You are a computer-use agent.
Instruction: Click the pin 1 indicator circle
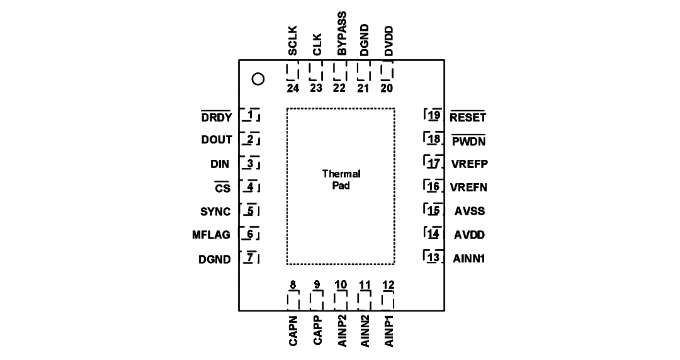(258, 79)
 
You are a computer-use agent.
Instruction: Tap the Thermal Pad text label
(341, 179)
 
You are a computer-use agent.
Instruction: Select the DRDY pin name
(217, 117)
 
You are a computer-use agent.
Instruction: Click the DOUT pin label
(217, 140)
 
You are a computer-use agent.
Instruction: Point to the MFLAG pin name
(211, 235)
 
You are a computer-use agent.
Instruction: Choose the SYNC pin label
(215, 211)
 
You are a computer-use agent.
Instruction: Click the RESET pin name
(468, 117)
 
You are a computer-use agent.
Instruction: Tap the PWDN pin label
(469, 142)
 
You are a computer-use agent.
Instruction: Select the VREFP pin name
(470, 164)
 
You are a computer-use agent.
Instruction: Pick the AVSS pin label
(470, 211)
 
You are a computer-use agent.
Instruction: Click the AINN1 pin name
(469, 259)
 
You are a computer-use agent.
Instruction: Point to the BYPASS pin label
(342, 34)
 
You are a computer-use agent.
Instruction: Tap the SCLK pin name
(293, 41)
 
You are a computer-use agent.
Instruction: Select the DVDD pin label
(388, 41)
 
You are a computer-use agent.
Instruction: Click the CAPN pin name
(293, 331)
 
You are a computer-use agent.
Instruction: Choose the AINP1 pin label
(389, 331)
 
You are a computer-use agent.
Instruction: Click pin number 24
(293, 88)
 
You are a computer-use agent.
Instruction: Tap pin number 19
(434, 115)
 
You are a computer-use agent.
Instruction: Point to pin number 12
(388, 285)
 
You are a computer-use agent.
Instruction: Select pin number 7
(250, 257)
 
